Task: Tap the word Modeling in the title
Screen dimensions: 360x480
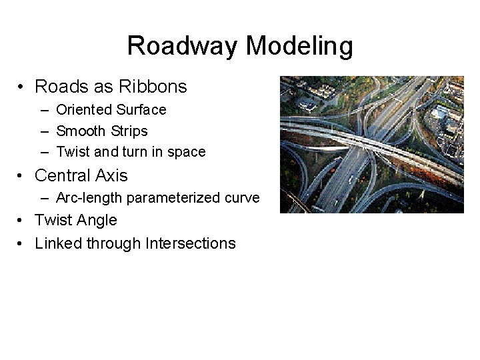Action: [299, 46]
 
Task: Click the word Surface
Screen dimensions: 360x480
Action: [141, 109]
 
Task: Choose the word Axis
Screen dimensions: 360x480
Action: [111, 175]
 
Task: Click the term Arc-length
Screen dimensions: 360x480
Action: [89, 198]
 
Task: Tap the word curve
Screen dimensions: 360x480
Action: [243, 198]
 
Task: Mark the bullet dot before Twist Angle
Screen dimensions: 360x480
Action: [22, 221]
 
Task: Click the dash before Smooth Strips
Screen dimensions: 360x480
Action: [44, 131]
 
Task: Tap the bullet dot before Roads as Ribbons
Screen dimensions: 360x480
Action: [22, 87]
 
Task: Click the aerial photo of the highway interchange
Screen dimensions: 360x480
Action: [371, 145]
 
